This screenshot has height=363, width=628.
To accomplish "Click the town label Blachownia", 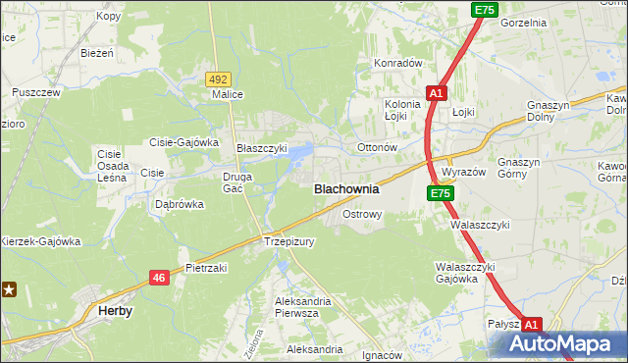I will click(x=345, y=188).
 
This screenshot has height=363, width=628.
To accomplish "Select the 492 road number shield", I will click(x=218, y=78).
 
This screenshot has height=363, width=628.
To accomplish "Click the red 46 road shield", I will click(x=159, y=279).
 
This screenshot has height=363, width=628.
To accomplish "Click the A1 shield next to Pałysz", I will click(x=531, y=324).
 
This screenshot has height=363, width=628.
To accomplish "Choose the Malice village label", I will click(x=227, y=95).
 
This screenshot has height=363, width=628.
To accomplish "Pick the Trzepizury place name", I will click(x=288, y=241).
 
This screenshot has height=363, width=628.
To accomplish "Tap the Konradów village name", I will click(x=396, y=63).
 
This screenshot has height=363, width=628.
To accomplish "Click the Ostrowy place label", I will click(x=361, y=213).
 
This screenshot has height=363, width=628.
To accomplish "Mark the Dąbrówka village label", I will click(x=180, y=205).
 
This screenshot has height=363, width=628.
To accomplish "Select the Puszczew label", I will click(x=36, y=92).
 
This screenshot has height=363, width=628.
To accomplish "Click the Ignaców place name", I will click(x=383, y=355).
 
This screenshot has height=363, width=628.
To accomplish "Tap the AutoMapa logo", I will click(x=563, y=344).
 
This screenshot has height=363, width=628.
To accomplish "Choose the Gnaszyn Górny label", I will click(x=526, y=168).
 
